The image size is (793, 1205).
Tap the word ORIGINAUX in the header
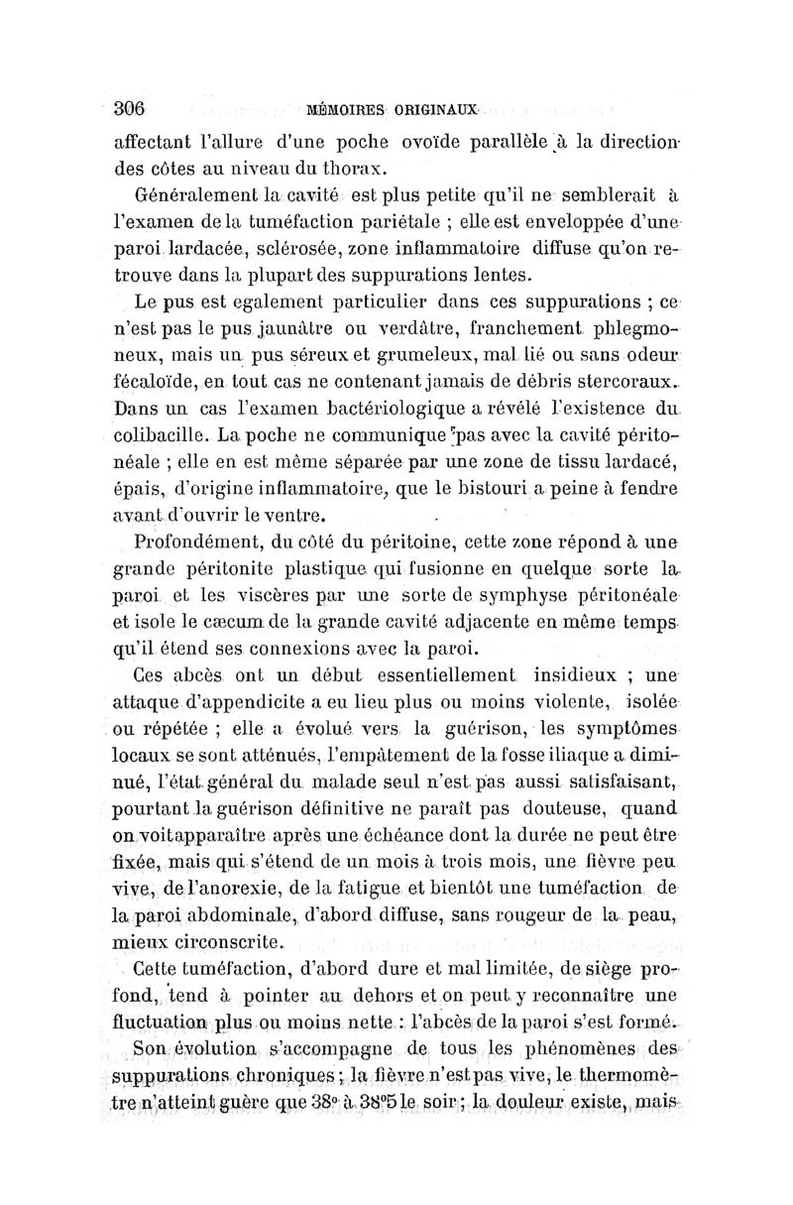click(437, 110)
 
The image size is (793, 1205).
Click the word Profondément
click(196, 543)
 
